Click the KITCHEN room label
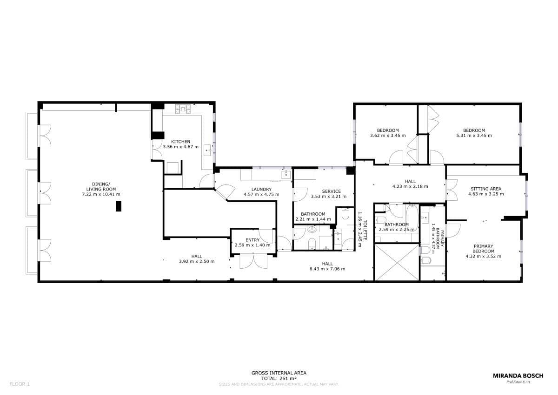(x=180, y=142)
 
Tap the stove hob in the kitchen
(x=183, y=109)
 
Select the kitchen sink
(x=207, y=150)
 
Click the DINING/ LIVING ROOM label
(x=101, y=187)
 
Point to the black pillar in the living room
(x=119, y=206)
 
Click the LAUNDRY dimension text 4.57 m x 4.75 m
(x=261, y=194)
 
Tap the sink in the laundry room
(x=286, y=174)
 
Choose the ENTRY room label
(x=252, y=240)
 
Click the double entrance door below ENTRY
(x=253, y=261)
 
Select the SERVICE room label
(x=331, y=191)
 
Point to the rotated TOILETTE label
(x=365, y=230)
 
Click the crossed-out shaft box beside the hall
(x=397, y=262)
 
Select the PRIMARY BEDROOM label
(x=483, y=249)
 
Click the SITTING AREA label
(x=486, y=189)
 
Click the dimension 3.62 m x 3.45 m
(x=388, y=136)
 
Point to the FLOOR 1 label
(x=20, y=384)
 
